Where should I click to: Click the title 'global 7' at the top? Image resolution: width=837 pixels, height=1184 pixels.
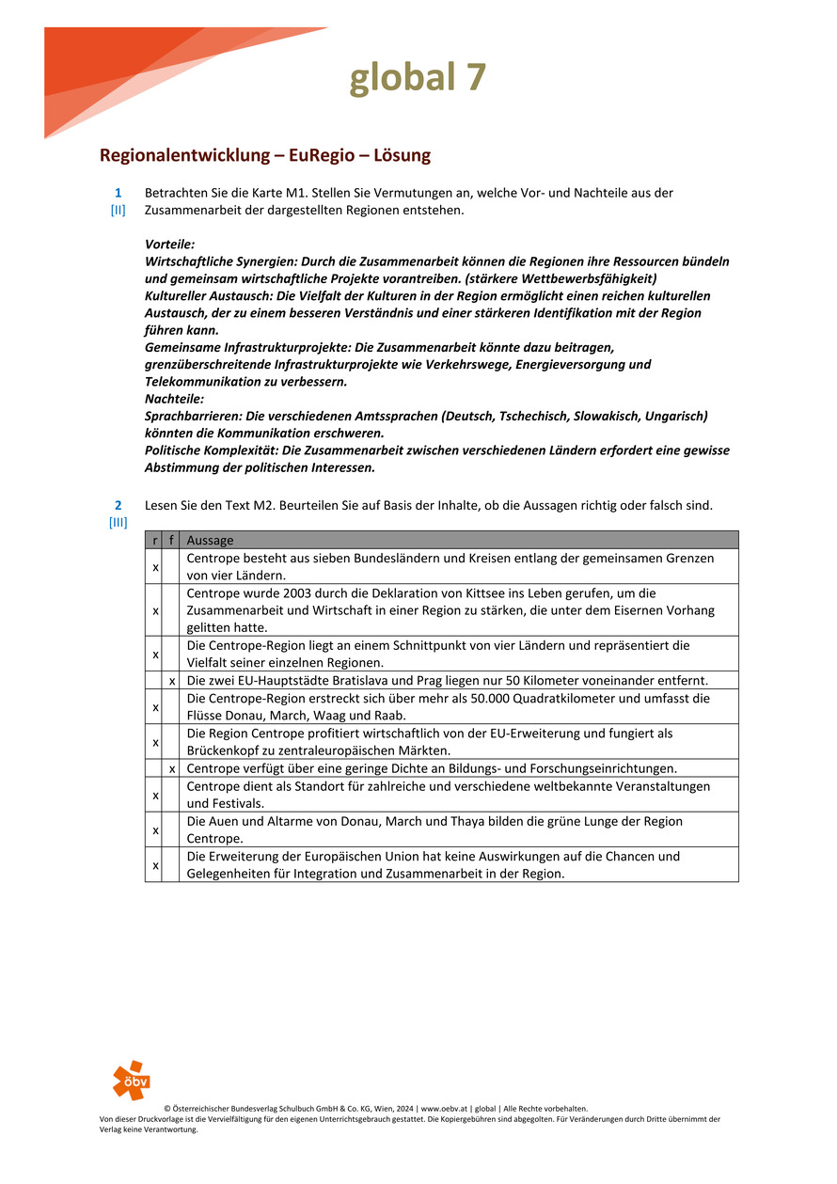click(418, 77)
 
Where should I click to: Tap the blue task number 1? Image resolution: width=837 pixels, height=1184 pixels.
click(118, 193)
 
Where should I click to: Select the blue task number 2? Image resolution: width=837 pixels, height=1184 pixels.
click(118, 505)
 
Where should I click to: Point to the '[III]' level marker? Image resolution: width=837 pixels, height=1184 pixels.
click(118, 522)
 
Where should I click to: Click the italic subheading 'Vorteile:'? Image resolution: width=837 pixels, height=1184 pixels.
click(169, 244)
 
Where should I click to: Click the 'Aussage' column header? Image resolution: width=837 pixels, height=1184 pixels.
click(210, 540)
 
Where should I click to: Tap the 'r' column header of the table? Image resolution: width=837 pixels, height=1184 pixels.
click(154, 540)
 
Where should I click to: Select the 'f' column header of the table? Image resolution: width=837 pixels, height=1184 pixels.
click(170, 540)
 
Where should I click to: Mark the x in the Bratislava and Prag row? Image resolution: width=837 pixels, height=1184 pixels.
click(171, 681)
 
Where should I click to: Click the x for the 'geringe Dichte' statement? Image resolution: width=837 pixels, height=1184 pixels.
click(171, 768)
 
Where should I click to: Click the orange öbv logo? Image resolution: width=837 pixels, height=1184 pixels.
click(131, 1081)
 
